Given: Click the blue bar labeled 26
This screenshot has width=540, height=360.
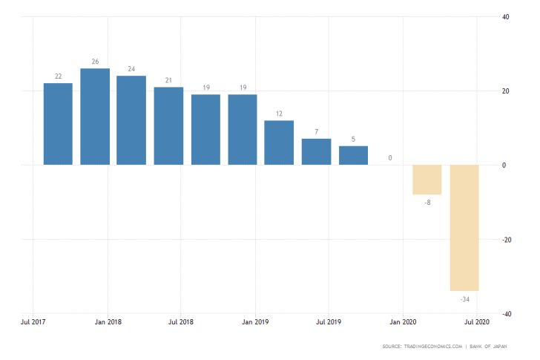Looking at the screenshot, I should tap(95, 117).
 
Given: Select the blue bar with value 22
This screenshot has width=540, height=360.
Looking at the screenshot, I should tap(58, 124).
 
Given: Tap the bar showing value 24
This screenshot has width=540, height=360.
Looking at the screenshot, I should tap(131, 120).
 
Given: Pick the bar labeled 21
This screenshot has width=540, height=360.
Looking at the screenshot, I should tap(168, 126).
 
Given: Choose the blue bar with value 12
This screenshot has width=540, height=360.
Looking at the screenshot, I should tap(279, 143).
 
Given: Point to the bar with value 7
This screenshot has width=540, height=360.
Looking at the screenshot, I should tap(316, 151).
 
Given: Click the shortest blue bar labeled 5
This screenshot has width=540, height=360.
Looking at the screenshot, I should tap(353, 155).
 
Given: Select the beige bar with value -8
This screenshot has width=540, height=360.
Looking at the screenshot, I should tap(427, 180).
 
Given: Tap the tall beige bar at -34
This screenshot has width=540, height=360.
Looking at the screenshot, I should tap(464, 227).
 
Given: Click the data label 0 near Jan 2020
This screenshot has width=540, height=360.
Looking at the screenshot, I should tap(390, 158).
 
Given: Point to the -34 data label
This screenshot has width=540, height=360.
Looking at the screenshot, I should tap(464, 299).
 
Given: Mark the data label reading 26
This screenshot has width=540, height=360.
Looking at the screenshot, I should tap(95, 62).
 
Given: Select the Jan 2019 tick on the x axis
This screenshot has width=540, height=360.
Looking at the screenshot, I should tap(255, 322).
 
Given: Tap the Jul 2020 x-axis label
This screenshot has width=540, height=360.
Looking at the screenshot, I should tap(477, 322).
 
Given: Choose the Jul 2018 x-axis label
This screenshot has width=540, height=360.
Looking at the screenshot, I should tap(181, 322).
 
